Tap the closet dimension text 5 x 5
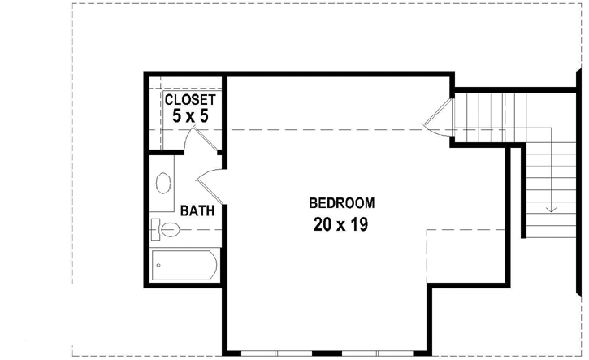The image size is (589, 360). (190, 116)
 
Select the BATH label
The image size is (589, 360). (197, 211)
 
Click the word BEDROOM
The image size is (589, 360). (341, 202)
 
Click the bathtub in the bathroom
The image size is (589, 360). (184, 266)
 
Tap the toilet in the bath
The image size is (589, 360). (167, 229)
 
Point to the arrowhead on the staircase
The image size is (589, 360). (552, 210)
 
